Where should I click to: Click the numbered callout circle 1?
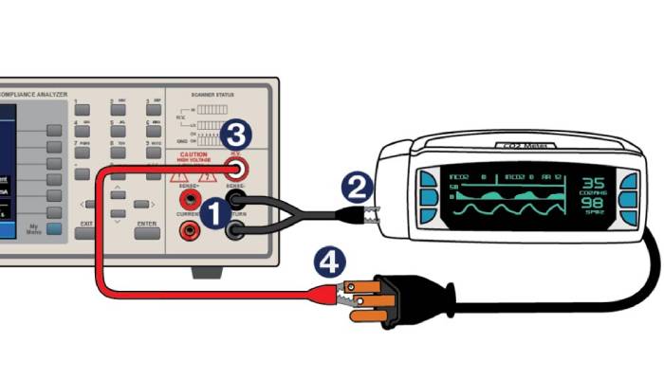click(214, 212)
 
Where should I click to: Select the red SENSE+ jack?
click(192, 199)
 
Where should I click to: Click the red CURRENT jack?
click(192, 229)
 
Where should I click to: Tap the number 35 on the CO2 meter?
click(593, 183)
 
